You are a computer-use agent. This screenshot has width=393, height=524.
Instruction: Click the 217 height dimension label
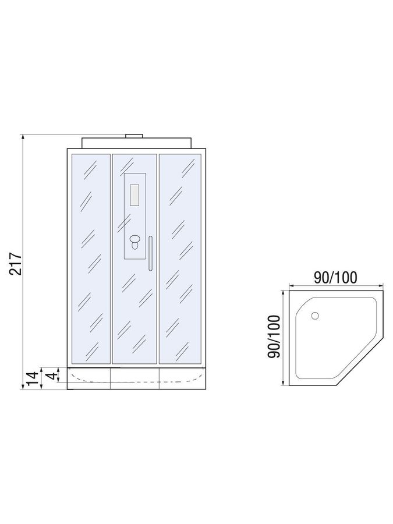[x=15, y=264]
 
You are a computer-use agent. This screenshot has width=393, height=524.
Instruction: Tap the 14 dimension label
[x=33, y=378]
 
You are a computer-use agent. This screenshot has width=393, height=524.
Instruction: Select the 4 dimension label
[x=51, y=376]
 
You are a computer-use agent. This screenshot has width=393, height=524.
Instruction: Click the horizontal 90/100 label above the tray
[x=335, y=277]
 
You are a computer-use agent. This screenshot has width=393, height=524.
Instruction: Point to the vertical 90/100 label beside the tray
[x=274, y=337]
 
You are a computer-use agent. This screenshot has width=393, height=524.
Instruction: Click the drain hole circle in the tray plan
[x=315, y=316]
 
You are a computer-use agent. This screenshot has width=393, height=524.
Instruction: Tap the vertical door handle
[x=151, y=253]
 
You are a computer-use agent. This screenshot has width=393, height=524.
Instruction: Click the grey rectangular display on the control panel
[x=134, y=195]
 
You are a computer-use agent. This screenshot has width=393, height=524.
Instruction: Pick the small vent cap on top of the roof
[x=134, y=136]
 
